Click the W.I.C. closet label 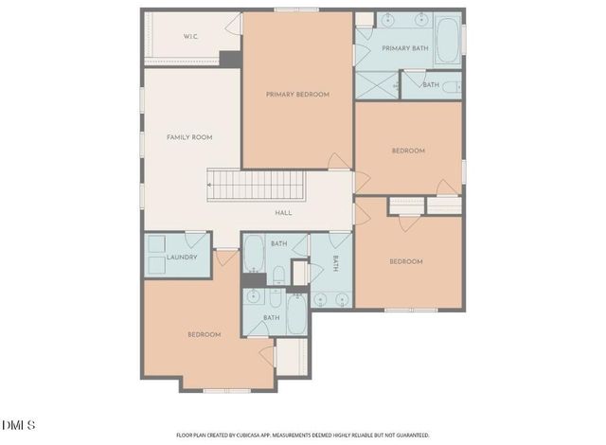(190, 37)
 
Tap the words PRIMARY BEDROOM (297, 94)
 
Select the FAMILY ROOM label (189, 137)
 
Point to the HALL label (283, 213)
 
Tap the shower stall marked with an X (377, 85)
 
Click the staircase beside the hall (258, 185)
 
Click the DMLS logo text (19, 422)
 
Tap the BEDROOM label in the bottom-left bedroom (204, 334)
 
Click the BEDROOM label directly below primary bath (408, 151)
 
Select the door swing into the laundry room (195, 240)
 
